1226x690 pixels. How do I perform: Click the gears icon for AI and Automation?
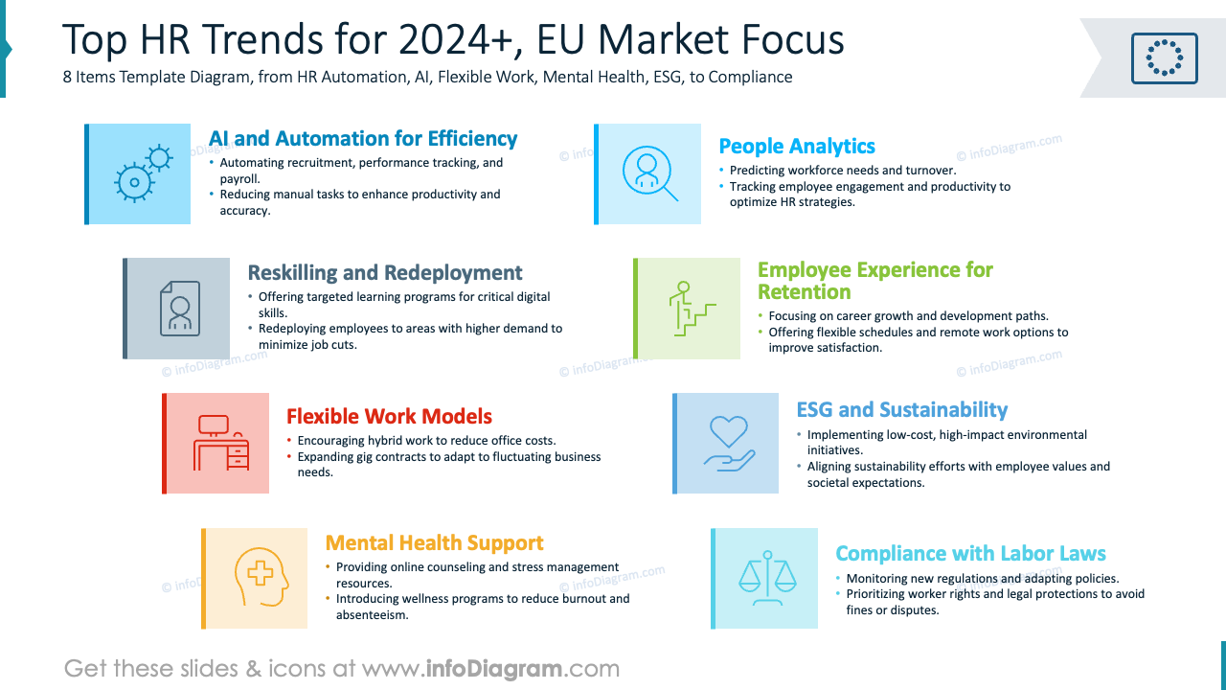pos(142,173)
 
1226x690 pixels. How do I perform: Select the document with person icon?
pos(180,308)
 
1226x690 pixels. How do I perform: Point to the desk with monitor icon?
pos(220,443)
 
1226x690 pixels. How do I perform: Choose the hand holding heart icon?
pos(729,443)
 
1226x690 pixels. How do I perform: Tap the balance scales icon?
pos(767,578)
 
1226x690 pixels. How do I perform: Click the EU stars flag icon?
pos(1164,57)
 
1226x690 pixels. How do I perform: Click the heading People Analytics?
pos(797,147)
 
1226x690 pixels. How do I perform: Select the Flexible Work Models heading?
pos(389,417)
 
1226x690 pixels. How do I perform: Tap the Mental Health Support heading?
pos(434,543)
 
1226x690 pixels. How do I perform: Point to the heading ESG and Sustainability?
pos(901,410)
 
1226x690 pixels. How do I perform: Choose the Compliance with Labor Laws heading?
pos(970,554)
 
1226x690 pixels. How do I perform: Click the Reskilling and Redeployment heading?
pos(385,273)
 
